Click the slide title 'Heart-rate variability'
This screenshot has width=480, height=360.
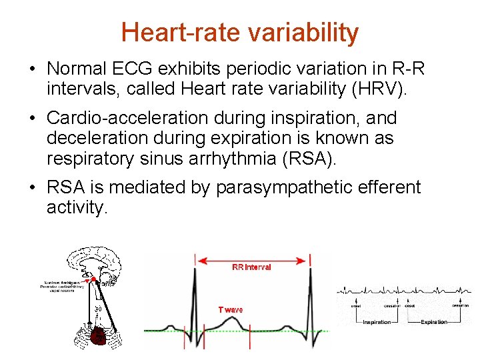(x=240, y=32)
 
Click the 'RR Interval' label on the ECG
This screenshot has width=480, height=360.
(x=251, y=267)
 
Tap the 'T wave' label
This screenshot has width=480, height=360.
(x=231, y=309)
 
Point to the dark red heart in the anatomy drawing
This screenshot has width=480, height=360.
(x=99, y=335)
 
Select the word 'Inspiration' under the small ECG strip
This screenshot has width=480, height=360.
(x=377, y=322)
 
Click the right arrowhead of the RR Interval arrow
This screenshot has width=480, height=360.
(x=306, y=259)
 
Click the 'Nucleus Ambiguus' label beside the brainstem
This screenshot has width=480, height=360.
(x=59, y=283)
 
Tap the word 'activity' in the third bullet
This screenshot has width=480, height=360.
(x=75, y=208)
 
